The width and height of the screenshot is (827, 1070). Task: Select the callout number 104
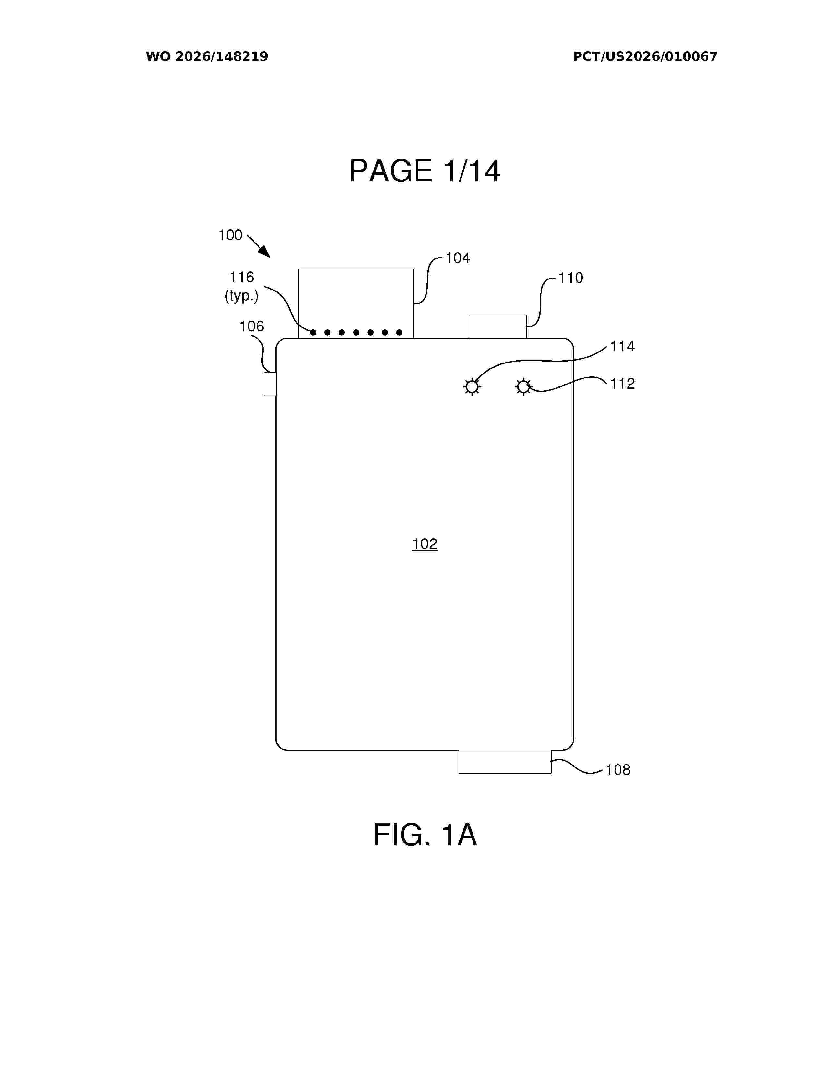click(x=458, y=258)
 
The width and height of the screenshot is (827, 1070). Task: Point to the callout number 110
click(x=571, y=278)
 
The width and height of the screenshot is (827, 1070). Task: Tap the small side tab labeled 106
click(x=270, y=384)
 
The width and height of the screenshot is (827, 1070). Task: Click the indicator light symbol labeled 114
click(x=472, y=387)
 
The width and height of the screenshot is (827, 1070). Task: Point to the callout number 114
click(x=622, y=347)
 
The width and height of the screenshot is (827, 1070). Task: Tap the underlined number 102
click(x=425, y=544)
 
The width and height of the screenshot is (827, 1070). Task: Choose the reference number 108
click(x=618, y=770)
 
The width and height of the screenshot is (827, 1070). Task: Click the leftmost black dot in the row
click(x=313, y=333)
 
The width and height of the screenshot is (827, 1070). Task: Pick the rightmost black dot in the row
click(x=399, y=333)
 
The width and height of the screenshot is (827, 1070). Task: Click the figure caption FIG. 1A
click(x=425, y=835)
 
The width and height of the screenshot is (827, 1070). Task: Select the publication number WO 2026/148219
click(x=207, y=57)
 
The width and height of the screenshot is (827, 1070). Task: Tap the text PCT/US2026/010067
click(x=645, y=57)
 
